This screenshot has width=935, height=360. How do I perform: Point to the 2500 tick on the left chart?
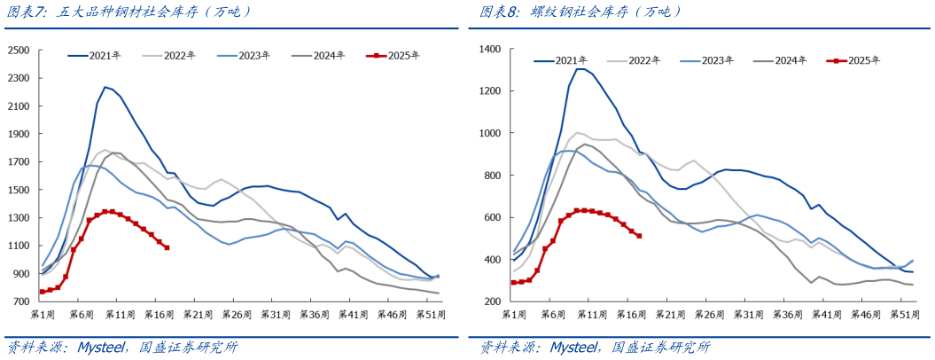18,50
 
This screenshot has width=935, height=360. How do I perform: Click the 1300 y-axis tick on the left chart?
18,217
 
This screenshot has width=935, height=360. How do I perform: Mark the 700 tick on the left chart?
21,301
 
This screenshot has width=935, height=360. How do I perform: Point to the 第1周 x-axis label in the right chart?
514,316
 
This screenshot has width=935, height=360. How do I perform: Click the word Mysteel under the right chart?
573,347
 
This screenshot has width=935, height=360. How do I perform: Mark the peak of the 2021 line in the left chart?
105,87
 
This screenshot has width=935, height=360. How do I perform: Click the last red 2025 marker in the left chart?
167,247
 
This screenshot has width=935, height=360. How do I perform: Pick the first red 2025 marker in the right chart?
513,283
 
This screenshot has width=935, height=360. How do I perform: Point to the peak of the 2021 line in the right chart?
580,69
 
